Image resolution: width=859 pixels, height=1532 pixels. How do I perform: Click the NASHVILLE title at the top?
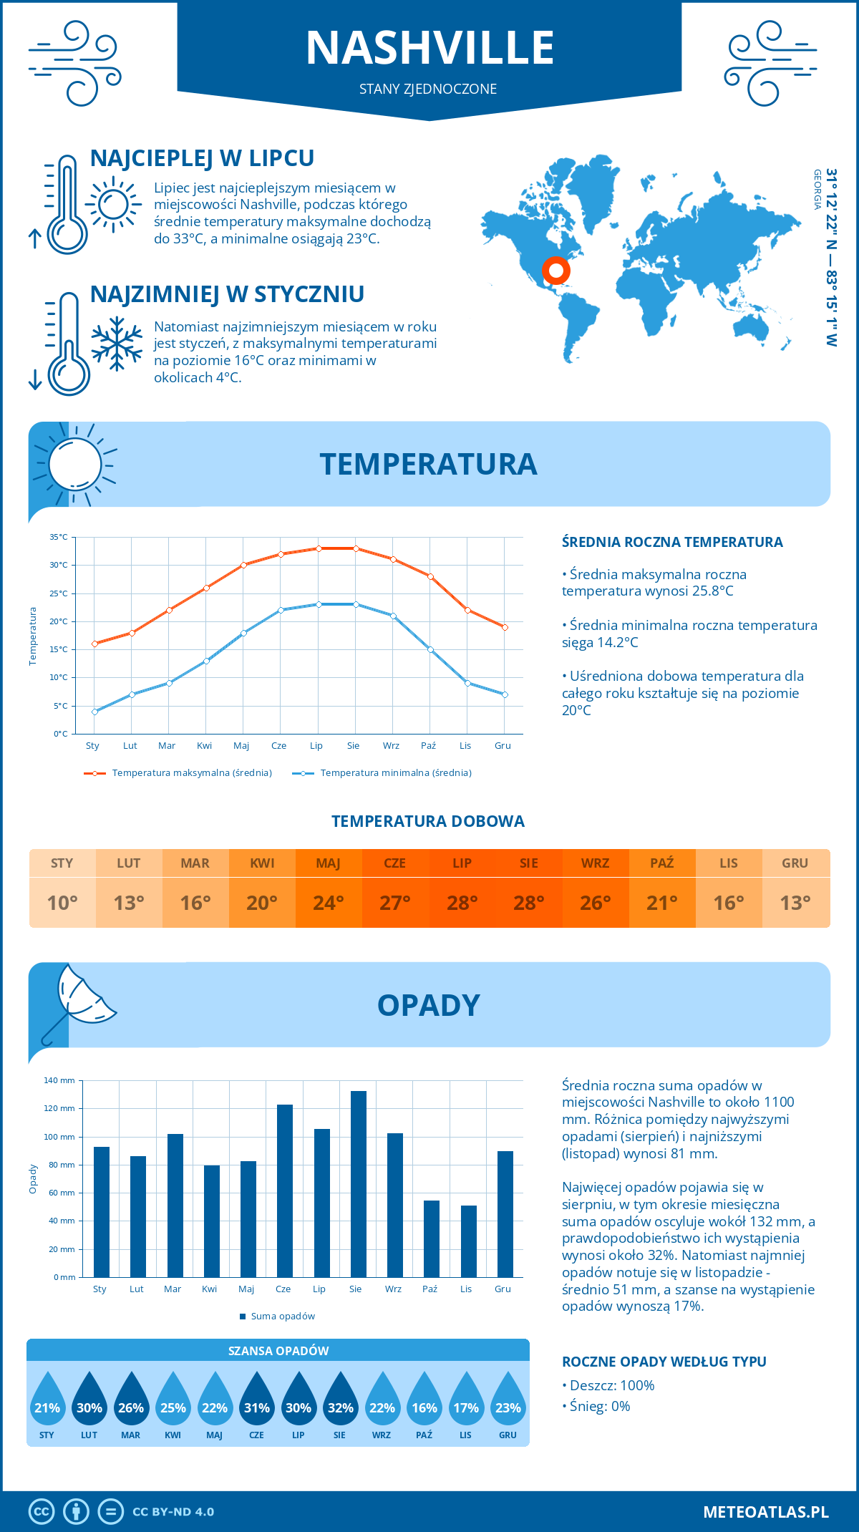pyautogui.click(x=429, y=48)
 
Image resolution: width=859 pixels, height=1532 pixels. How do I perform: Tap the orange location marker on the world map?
pyautogui.click(x=555, y=271)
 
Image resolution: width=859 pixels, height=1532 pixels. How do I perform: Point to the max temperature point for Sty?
pyautogui.click(x=94, y=644)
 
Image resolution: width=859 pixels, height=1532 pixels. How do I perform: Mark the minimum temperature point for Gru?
pyautogui.click(x=505, y=694)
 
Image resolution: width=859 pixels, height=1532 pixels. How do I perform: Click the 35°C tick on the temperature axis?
pyautogui.click(x=59, y=537)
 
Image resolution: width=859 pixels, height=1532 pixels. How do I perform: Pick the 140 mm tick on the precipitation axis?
pyautogui.click(x=59, y=1080)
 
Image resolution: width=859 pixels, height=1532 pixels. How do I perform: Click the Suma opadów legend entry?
pyautogui.click(x=282, y=1317)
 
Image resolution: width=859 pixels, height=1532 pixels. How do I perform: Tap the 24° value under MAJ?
pyautogui.click(x=329, y=903)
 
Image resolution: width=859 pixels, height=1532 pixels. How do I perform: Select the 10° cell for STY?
pyautogui.click(x=62, y=903)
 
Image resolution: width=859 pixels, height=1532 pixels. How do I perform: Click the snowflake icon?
pyautogui.click(x=117, y=344)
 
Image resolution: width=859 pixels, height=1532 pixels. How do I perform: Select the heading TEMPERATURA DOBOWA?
pyautogui.click(x=428, y=821)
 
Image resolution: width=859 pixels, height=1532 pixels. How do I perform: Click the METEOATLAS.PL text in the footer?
pyautogui.click(x=766, y=1512)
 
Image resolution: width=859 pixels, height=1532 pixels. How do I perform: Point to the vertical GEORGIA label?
pyautogui.click(x=817, y=190)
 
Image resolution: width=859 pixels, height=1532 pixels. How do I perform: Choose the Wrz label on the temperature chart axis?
pyautogui.click(x=391, y=746)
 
